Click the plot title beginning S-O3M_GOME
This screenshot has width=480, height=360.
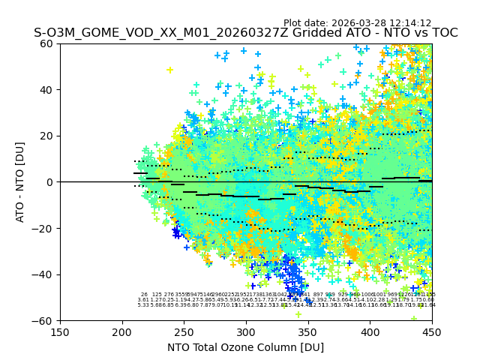pyautogui.click(x=245, y=33)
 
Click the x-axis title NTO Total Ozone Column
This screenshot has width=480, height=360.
pyautogui.click(x=245, y=347)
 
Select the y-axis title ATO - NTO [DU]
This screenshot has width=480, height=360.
pyautogui.click(x=21, y=182)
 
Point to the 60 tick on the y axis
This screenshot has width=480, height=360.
pyautogui.click(x=47, y=43)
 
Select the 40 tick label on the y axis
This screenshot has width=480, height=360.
pyautogui.click(x=47, y=90)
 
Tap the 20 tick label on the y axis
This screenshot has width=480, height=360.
pyautogui.click(x=47, y=136)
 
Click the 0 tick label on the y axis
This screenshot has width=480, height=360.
pyautogui.click(x=50, y=182)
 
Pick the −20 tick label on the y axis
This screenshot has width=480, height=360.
pyautogui.click(x=44, y=228)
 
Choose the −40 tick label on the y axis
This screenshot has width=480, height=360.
pyautogui.click(x=44, y=274)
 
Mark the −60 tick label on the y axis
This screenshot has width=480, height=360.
pyautogui.click(x=44, y=320)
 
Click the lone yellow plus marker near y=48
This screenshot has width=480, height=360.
pyautogui.click(x=169, y=70)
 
